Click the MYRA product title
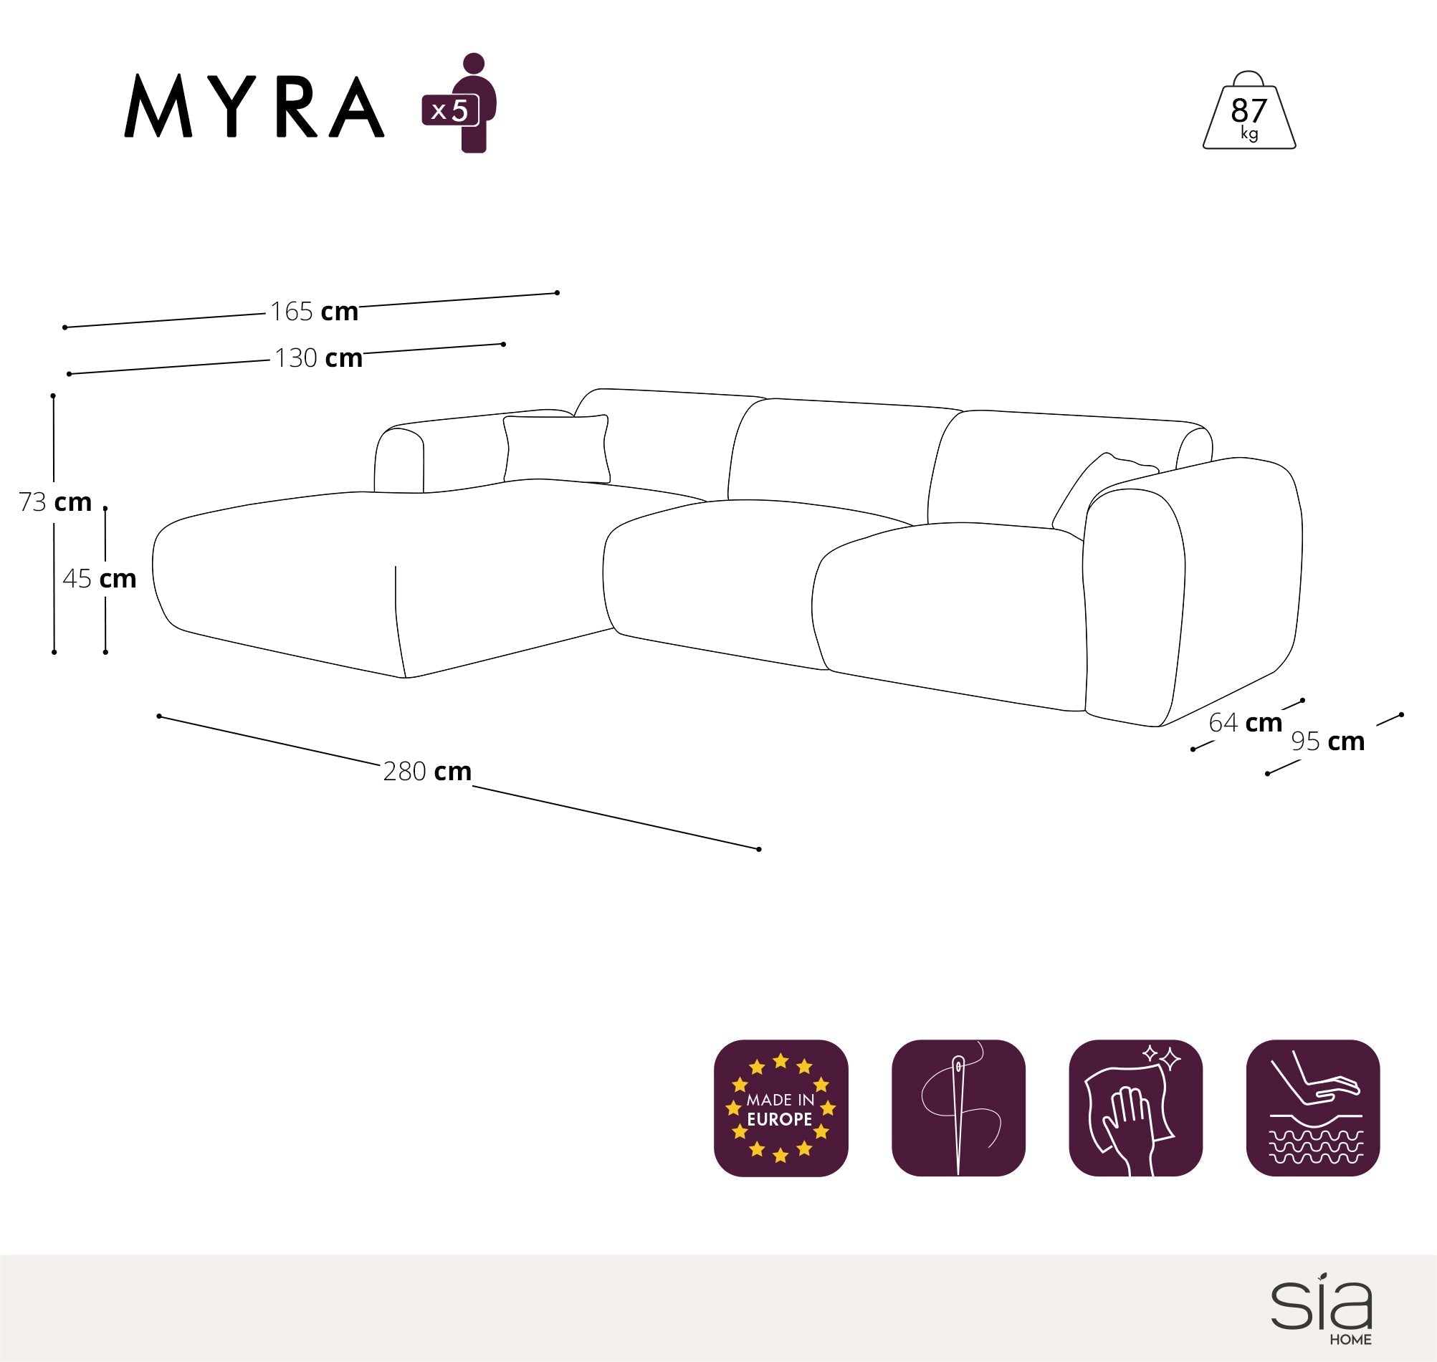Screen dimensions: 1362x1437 tap(254, 106)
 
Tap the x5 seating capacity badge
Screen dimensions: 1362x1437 tap(450, 110)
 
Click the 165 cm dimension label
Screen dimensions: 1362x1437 tap(314, 312)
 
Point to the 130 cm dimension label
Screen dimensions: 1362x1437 tap(318, 358)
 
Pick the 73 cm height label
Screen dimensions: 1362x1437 tap(55, 502)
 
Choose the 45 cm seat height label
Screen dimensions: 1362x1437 tap(100, 579)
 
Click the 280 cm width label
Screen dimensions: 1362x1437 tap(427, 771)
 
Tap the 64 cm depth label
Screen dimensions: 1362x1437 tap(1246, 722)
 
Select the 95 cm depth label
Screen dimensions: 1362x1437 tap(1327, 742)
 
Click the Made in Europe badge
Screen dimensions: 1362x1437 tap(780, 1108)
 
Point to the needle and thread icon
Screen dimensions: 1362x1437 tap(958, 1108)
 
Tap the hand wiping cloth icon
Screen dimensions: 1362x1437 tap(1135, 1108)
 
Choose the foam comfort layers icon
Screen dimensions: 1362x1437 tap(1312, 1108)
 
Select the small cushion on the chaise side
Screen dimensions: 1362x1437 tap(556, 449)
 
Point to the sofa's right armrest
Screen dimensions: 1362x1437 tap(1191, 588)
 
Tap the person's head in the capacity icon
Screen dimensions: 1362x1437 tap(474, 63)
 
